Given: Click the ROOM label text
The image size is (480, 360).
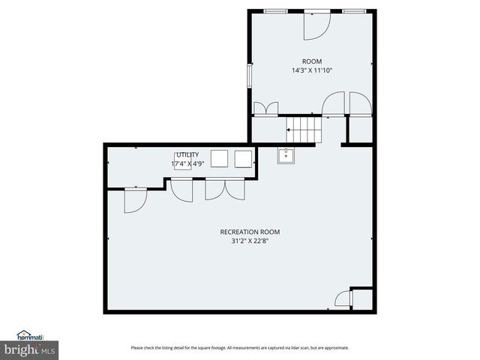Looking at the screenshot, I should (311, 61).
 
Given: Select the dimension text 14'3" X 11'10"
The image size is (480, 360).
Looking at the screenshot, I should (311, 70).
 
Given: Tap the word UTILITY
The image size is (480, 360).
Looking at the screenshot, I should (187, 154).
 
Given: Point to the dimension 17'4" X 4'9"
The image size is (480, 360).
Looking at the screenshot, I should (187, 163).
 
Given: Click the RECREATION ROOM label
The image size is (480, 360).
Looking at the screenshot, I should (239, 232).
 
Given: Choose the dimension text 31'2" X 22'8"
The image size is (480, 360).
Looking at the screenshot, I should (239, 241).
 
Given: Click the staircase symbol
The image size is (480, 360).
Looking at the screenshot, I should (303, 129).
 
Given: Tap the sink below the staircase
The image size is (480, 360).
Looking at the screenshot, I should (286, 156).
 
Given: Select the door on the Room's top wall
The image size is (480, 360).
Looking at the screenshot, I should (316, 25).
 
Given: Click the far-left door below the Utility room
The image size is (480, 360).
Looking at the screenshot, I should (135, 200).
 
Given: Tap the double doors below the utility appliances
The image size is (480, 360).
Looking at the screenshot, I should (225, 189).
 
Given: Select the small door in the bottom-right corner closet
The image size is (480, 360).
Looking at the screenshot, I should (343, 299).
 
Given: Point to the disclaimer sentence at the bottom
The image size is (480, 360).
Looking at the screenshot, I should (239, 347).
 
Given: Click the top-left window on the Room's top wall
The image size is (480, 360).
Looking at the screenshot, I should (274, 10).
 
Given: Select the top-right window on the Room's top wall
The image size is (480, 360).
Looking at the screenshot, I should (354, 10).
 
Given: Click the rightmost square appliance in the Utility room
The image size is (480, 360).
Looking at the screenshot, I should (243, 158).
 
